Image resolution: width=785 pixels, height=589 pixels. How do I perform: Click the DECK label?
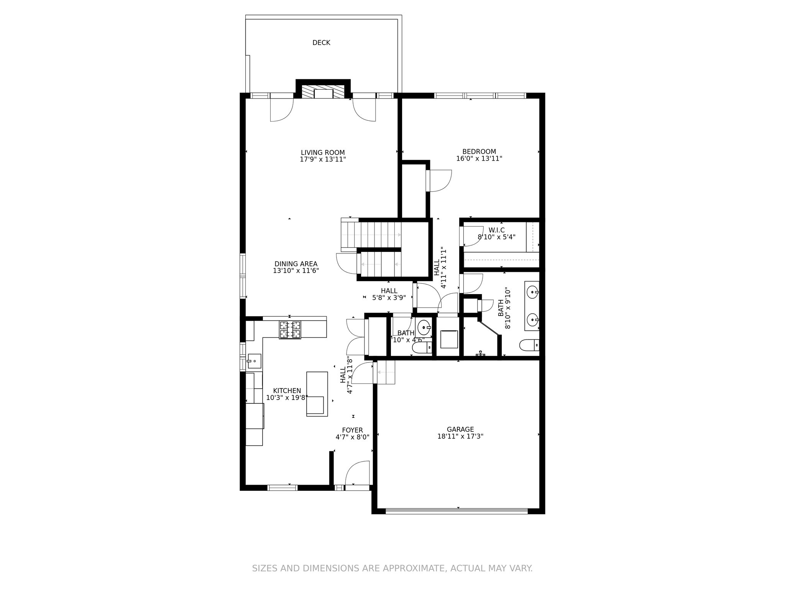pyautogui.click(x=321, y=43)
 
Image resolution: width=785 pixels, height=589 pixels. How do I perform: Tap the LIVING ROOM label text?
pyautogui.click(x=323, y=153)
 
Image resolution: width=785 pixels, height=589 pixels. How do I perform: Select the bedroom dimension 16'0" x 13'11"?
pyautogui.click(x=479, y=158)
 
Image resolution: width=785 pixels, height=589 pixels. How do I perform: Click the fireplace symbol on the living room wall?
pyautogui.click(x=323, y=92)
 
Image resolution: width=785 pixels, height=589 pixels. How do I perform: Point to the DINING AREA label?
pyautogui.click(x=296, y=264)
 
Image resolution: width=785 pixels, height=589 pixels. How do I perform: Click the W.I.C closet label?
pyautogui.click(x=496, y=230)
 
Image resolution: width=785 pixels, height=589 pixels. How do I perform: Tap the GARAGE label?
pyautogui.click(x=460, y=429)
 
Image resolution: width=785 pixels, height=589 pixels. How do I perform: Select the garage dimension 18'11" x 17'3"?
pyautogui.click(x=460, y=436)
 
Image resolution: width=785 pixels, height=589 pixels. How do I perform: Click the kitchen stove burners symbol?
pyautogui.click(x=290, y=330)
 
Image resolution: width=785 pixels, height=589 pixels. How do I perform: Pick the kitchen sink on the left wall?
pyautogui.click(x=254, y=361)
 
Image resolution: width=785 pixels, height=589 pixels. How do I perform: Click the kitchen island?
pyautogui.click(x=317, y=394)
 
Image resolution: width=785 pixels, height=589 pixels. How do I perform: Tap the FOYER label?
pyautogui.click(x=352, y=431)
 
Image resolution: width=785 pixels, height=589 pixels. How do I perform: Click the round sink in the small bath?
pyautogui.click(x=424, y=328)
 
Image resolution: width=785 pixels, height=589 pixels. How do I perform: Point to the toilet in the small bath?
pyautogui.click(x=422, y=348)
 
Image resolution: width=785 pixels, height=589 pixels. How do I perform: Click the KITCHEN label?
pyautogui.click(x=287, y=391)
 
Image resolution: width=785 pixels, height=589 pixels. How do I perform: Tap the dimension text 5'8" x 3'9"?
pyautogui.click(x=389, y=298)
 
